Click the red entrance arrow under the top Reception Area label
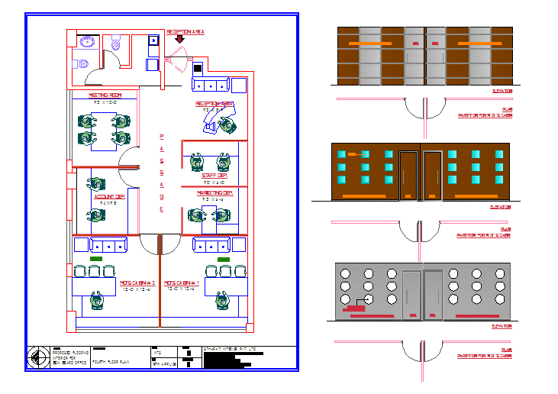tap(179, 39)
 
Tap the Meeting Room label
tap(102, 95)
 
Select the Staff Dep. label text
tap(214, 176)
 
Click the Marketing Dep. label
tap(214, 194)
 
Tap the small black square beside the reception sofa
tap(198, 68)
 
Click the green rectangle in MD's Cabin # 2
tap(95, 260)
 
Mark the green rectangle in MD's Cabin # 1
tap(223, 260)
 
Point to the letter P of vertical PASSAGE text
tap(161, 137)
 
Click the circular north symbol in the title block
tap(39, 356)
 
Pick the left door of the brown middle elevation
tap(408, 176)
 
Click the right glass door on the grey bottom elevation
tap(433, 293)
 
